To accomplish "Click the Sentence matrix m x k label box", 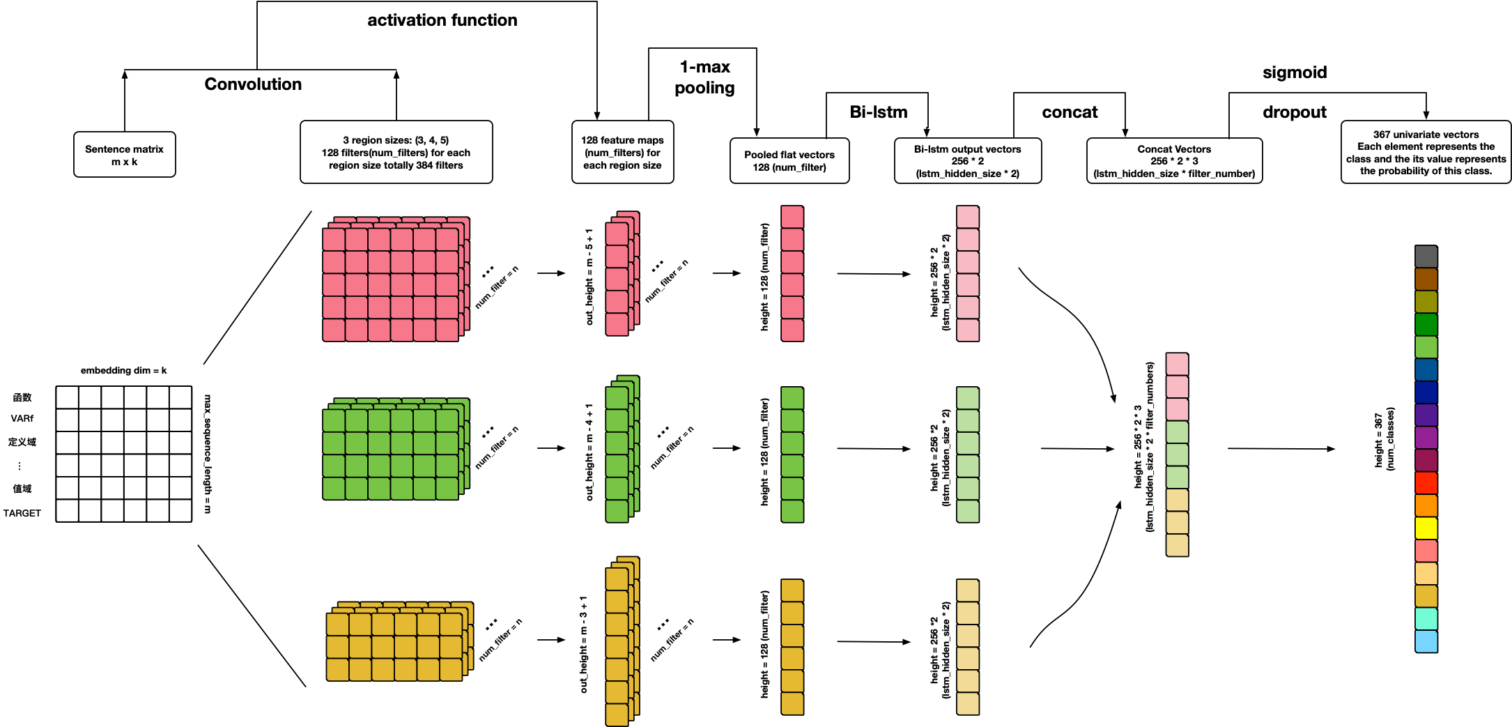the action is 124,155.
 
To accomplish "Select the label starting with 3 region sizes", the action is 396,152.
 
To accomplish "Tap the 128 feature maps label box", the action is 622,152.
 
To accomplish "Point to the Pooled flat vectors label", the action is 789,161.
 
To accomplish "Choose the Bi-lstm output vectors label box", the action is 967,161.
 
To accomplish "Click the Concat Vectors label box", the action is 1174,161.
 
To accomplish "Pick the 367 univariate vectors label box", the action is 1426,152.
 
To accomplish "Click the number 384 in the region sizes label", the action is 424,165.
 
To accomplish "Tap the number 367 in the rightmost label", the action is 1382,135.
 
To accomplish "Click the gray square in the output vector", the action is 1426,257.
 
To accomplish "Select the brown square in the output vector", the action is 1426,280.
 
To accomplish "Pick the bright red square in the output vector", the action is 1426,483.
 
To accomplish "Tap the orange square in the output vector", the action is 1426,505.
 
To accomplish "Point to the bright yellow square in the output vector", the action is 1426,528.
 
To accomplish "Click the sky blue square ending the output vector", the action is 1426,641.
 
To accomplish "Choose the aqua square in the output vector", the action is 1426,619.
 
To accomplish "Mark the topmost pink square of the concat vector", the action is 1177,365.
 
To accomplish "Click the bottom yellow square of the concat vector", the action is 1177,545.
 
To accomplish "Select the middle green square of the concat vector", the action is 1177,455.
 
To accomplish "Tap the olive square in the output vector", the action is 1426,302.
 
